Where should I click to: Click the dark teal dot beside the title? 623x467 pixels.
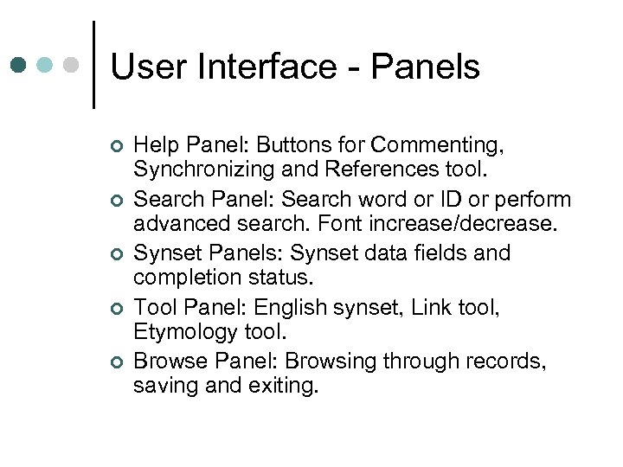point(19,65)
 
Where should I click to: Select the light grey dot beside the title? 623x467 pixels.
point(73,65)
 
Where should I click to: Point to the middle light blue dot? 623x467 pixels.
point(46,65)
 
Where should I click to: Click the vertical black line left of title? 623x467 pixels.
point(93,65)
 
